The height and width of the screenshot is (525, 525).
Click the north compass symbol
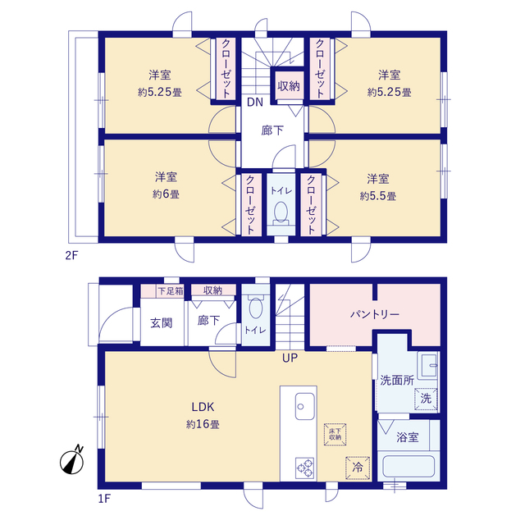point(72,461)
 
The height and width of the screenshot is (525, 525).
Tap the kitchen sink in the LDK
point(304,406)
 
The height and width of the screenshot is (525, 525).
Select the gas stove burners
point(304,468)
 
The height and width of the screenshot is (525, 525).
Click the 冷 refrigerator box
point(358,468)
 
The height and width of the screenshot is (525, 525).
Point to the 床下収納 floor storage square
point(335,435)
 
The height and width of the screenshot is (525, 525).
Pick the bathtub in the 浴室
point(409,466)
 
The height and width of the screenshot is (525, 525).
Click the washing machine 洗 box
point(426,399)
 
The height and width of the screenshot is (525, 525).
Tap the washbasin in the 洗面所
point(427,365)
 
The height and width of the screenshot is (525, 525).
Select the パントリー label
point(375,314)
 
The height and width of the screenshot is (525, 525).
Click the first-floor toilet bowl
point(256,308)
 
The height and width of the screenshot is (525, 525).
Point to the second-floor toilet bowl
point(281,212)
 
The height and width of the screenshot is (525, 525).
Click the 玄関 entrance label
point(162,323)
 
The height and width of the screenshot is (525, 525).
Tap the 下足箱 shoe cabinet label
point(171,290)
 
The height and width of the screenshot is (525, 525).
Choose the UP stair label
point(290,358)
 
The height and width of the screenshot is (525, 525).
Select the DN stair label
point(255,102)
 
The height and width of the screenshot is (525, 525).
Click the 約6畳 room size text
point(166,194)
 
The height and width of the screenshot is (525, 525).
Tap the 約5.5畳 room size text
point(378,196)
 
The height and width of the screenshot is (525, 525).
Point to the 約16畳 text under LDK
point(203,424)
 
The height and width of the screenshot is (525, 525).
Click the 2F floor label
point(71,255)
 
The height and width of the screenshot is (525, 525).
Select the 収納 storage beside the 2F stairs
point(288,86)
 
